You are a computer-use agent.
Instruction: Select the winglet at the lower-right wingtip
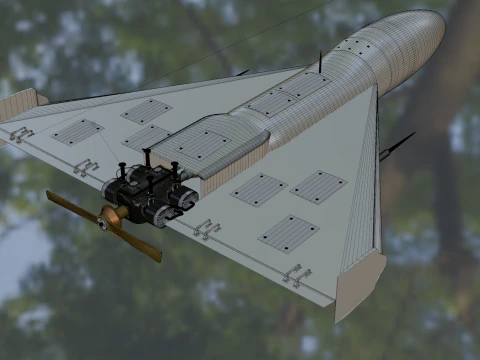click(x=357, y=284)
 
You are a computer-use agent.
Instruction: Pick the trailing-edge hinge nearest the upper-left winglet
click(x=20, y=134)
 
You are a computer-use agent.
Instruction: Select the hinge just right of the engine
click(x=207, y=230)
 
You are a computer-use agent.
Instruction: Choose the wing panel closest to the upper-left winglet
click(x=77, y=131)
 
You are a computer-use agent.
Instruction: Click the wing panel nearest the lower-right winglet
click(x=288, y=233)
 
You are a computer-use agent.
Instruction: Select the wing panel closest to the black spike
click(x=318, y=186)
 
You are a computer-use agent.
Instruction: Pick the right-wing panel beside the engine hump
click(x=259, y=189)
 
